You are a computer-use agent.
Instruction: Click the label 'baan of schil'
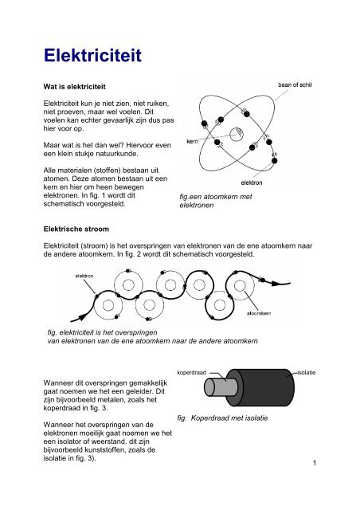pos(300,87)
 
